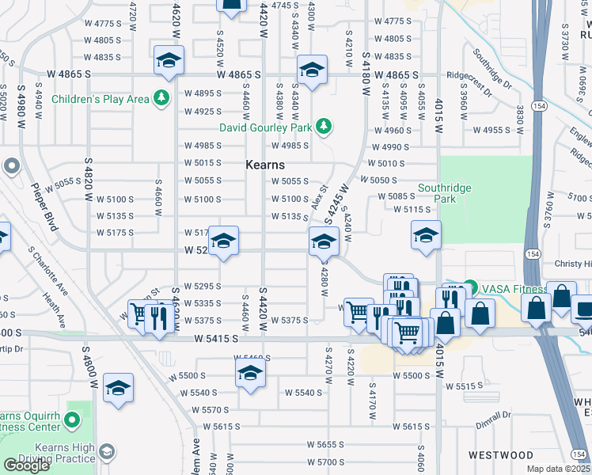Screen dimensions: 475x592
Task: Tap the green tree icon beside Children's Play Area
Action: [161, 99]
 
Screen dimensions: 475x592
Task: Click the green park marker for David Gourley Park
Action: [323, 127]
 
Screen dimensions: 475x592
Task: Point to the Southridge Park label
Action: [448, 194]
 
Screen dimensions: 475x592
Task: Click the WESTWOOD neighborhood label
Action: [500, 455]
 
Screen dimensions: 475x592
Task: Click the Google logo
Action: [26, 465]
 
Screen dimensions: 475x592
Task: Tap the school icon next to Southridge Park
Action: [426, 236]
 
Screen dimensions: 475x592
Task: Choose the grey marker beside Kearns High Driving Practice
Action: [106, 451]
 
